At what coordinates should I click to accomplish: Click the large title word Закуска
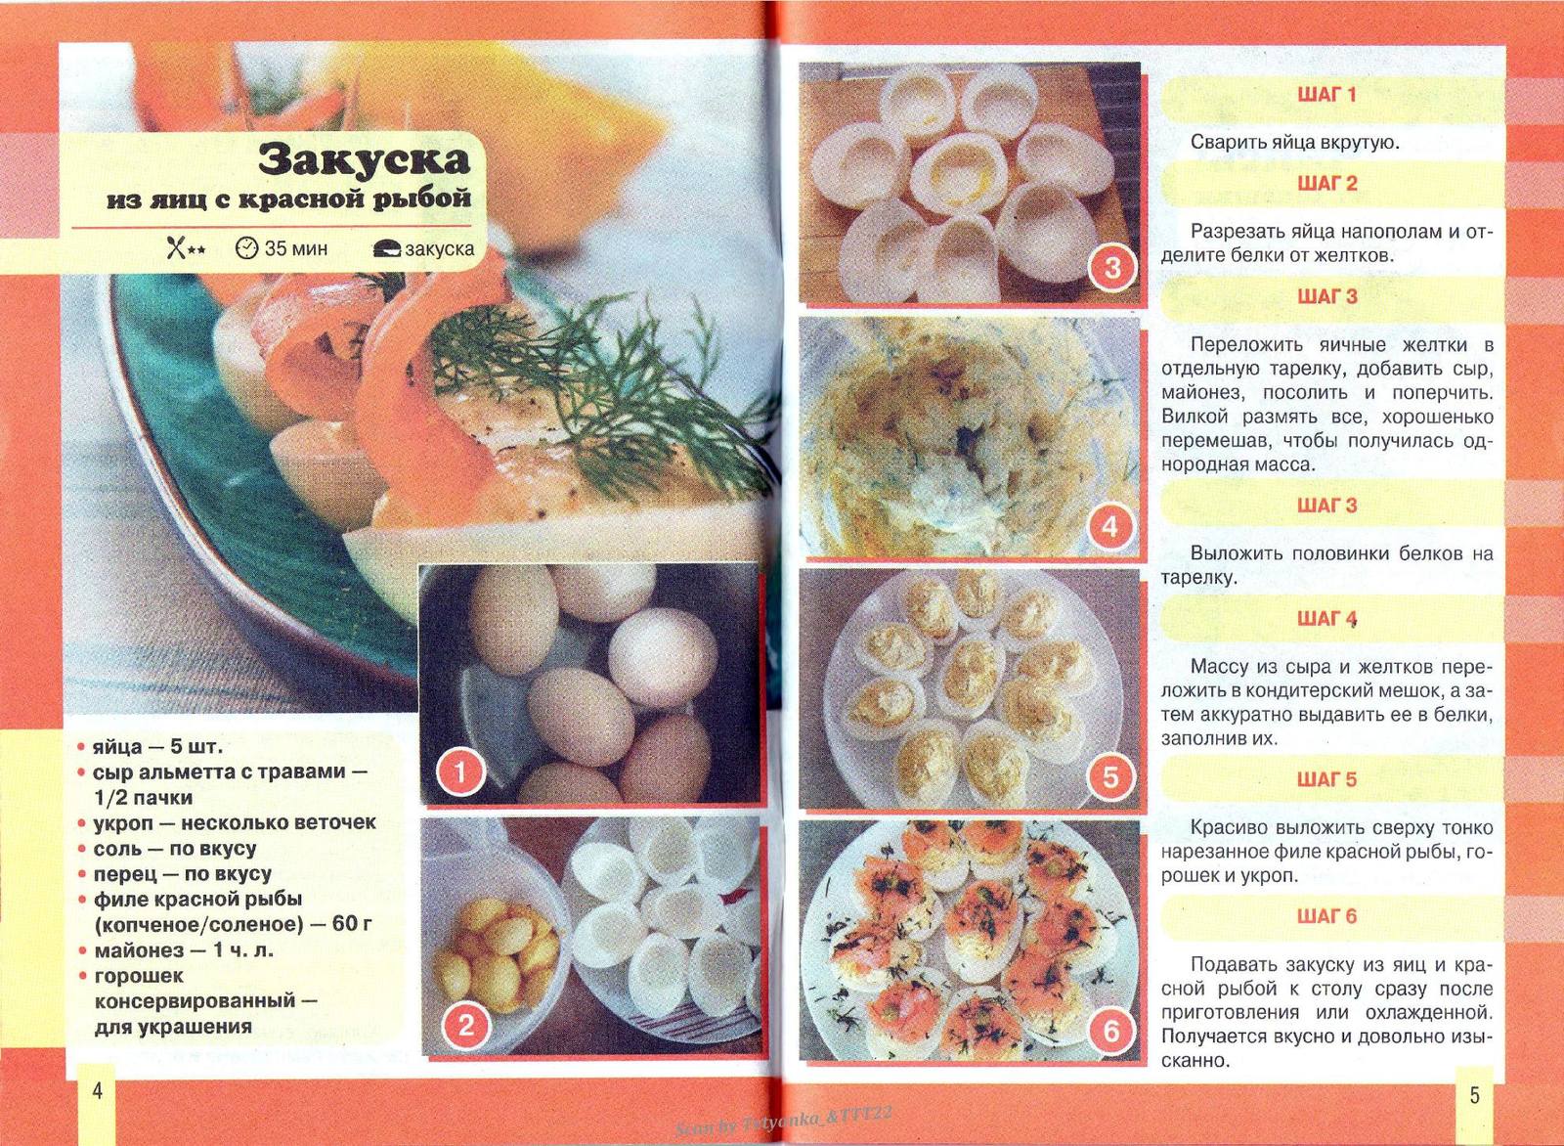pos(364,158)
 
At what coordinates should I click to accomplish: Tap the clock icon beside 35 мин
pos(246,248)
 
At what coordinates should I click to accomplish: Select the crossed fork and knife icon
pos(176,248)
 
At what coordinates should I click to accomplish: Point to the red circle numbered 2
pos(466,1025)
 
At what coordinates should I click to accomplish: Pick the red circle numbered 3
pos(1111,267)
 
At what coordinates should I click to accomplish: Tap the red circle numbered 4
pos(1110,527)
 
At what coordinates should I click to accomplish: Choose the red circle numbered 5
pos(1110,777)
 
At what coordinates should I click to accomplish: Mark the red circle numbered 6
pos(1110,1030)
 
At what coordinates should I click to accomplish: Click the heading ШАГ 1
pos(1326,95)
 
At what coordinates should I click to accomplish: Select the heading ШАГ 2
pos(1326,184)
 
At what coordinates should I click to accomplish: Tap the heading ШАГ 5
pos(1326,780)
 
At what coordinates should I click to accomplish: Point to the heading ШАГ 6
pos(1326,917)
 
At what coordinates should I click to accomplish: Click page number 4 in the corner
pos(97,1091)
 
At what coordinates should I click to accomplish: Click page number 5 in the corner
pos(1474,1095)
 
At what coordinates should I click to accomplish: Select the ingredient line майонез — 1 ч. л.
pos(183,950)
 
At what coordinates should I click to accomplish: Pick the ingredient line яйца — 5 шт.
pos(156,747)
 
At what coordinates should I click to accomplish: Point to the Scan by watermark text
pos(783,1120)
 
